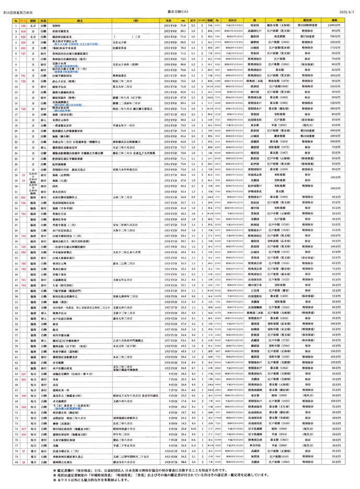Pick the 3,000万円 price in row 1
pyautogui.click(x=342, y=25)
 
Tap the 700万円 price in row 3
pyautogui.click(x=342, y=37)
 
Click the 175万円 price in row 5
pyautogui.click(x=342, y=49)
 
